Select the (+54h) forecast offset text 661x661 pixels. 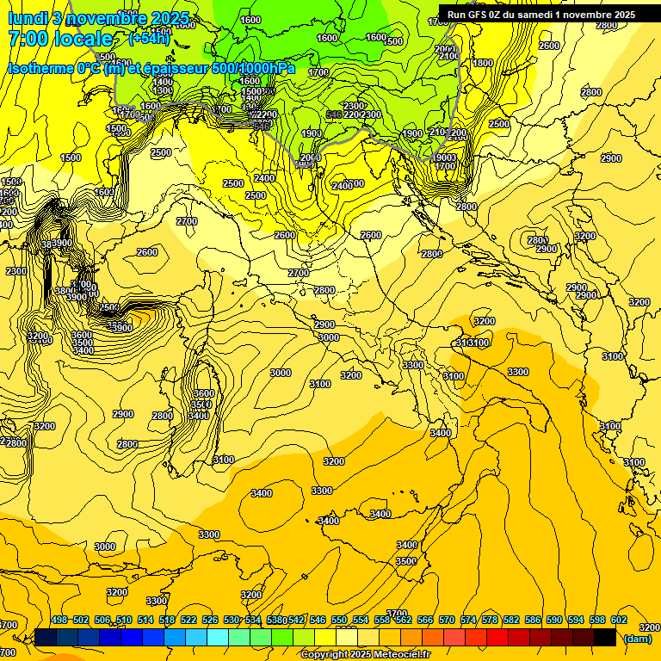149,39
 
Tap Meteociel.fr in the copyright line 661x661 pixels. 397,655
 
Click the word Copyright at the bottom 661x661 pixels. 325,655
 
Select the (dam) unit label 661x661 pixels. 637,639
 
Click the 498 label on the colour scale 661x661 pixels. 59,620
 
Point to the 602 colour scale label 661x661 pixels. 619,620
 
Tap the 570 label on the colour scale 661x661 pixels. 447,620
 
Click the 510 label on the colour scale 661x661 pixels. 124,620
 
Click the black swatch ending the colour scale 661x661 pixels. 604,637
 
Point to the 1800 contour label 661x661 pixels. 483,63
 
